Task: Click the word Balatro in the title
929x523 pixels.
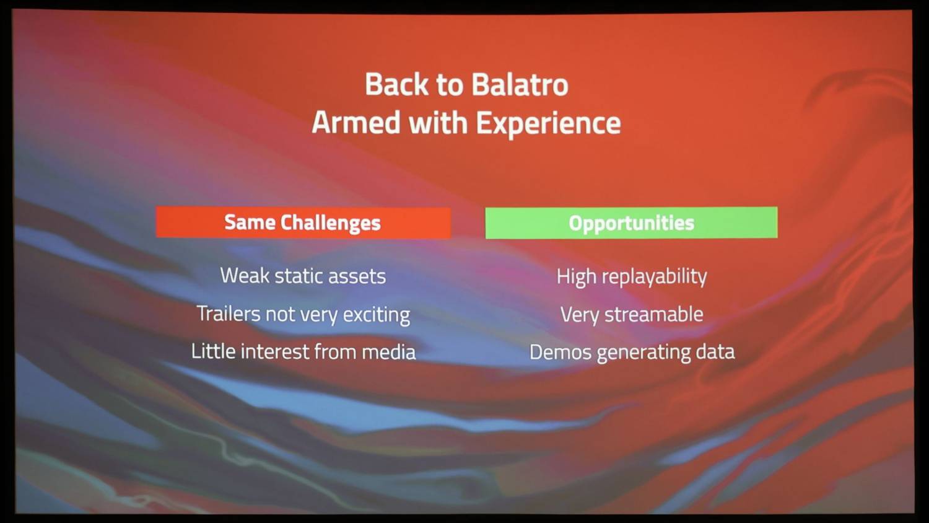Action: click(520, 85)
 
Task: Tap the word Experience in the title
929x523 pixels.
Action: click(548, 124)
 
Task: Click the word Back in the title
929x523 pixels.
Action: click(396, 84)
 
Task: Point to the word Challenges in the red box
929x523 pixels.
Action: click(331, 223)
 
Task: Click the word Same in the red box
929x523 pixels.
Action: click(250, 222)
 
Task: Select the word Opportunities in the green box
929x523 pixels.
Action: click(631, 224)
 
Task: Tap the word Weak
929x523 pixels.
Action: click(245, 276)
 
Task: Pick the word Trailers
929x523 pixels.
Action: click(229, 314)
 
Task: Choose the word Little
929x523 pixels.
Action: click(213, 351)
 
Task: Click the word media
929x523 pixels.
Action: click(388, 352)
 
